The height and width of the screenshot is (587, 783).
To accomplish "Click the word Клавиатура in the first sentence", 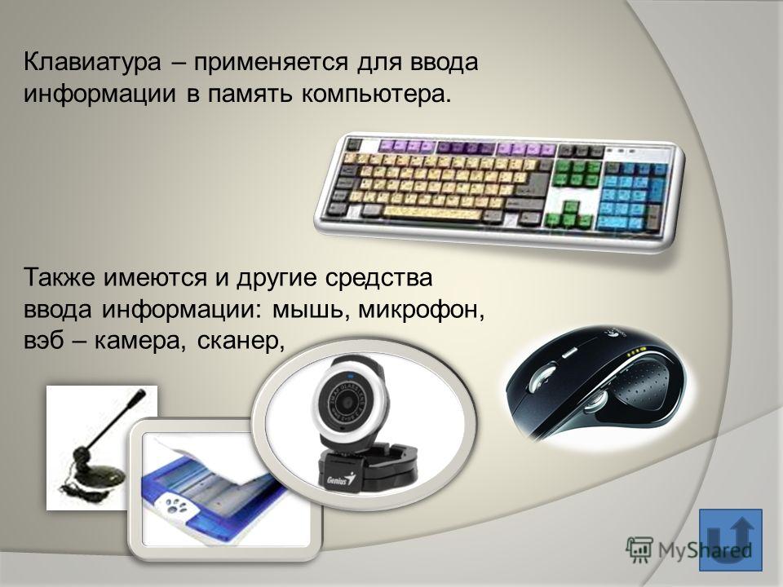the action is [x=92, y=63].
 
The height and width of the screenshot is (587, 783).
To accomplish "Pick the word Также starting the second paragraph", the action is [x=60, y=277].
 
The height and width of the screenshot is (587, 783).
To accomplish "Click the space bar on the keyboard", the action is [x=432, y=213].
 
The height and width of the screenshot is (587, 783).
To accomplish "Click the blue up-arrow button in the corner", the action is [x=731, y=540].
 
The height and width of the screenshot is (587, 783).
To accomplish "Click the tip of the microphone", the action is [x=141, y=392].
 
